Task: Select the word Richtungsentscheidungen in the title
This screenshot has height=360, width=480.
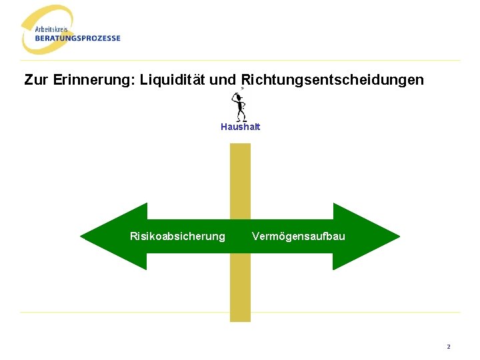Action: (x=331, y=81)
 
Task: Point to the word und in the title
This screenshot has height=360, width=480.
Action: (x=222, y=81)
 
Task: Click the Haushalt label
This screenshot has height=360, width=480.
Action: (x=240, y=127)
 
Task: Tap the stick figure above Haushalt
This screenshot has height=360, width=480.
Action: (x=239, y=107)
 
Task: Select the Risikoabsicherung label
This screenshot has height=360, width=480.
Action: (x=177, y=237)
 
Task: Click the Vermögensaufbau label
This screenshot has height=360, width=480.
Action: (x=298, y=237)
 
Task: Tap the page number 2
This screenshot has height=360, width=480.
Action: (x=449, y=347)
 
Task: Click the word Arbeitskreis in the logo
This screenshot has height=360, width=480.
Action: (x=51, y=30)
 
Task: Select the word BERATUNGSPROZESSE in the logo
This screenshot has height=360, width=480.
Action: (x=78, y=38)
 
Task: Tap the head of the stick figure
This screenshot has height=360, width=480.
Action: (x=237, y=97)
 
